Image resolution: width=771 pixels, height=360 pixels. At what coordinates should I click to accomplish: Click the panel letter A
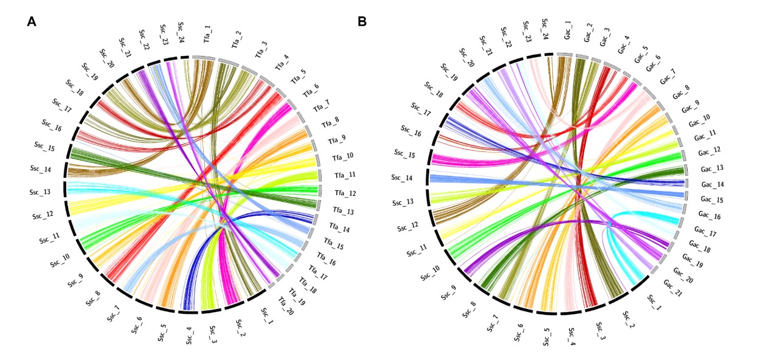tap(32, 22)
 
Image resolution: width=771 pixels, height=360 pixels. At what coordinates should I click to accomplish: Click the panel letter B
tap(362, 22)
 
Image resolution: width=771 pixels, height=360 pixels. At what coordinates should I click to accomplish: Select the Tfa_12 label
tap(344, 193)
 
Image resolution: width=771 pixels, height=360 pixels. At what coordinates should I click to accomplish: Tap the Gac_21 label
tap(671, 286)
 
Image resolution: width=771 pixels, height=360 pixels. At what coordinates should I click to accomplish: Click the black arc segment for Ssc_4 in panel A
tap(188, 312)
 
